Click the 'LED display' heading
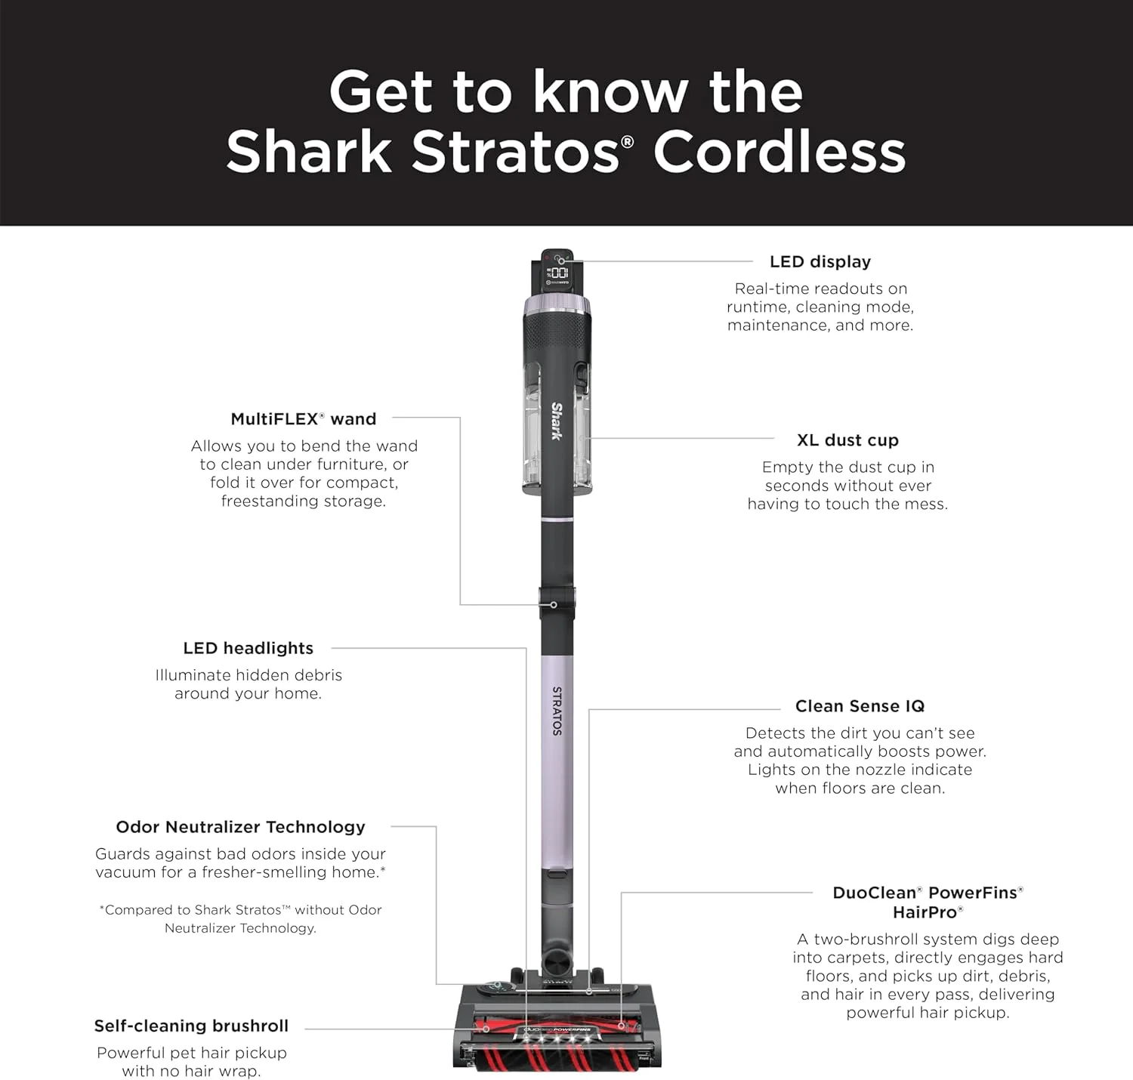(820, 262)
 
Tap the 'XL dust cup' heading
(847, 440)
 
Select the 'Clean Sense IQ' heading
(860, 706)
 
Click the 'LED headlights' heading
(248, 648)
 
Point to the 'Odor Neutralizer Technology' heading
(240, 827)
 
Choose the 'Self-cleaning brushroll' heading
(191, 1026)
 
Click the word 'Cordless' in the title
(779, 152)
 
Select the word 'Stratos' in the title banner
(514, 152)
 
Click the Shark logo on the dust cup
(557, 421)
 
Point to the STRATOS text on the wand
(557, 710)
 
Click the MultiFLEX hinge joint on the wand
(557, 604)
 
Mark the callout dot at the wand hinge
(554, 605)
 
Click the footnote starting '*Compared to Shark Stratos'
(240, 918)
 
